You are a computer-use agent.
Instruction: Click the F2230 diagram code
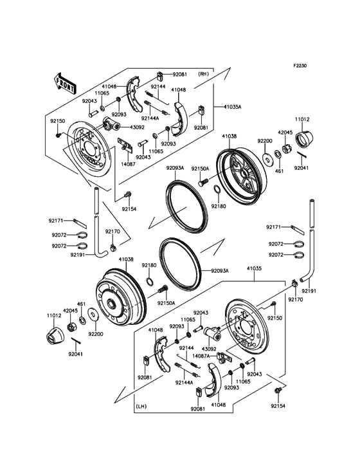[x=301, y=66]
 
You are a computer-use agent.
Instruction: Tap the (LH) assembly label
[x=143, y=406]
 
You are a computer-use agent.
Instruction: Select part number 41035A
[x=233, y=107]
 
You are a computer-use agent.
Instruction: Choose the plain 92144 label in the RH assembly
[x=158, y=86]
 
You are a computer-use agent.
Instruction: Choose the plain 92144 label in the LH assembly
[x=186, y=348]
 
